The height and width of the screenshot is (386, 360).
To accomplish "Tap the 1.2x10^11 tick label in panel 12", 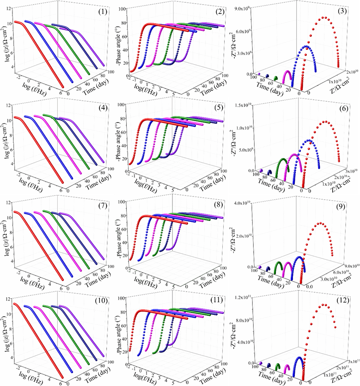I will point(248,296).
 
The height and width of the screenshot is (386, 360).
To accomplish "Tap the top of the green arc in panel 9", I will point(279,262).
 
